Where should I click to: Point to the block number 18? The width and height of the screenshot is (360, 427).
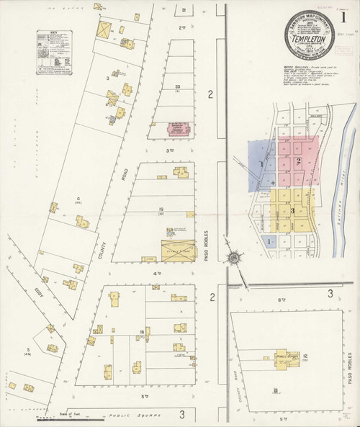(143, 331)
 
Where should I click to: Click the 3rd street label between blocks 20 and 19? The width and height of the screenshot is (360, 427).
(171, 150)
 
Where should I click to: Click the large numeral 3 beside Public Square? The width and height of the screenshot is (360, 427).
(182, 414)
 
